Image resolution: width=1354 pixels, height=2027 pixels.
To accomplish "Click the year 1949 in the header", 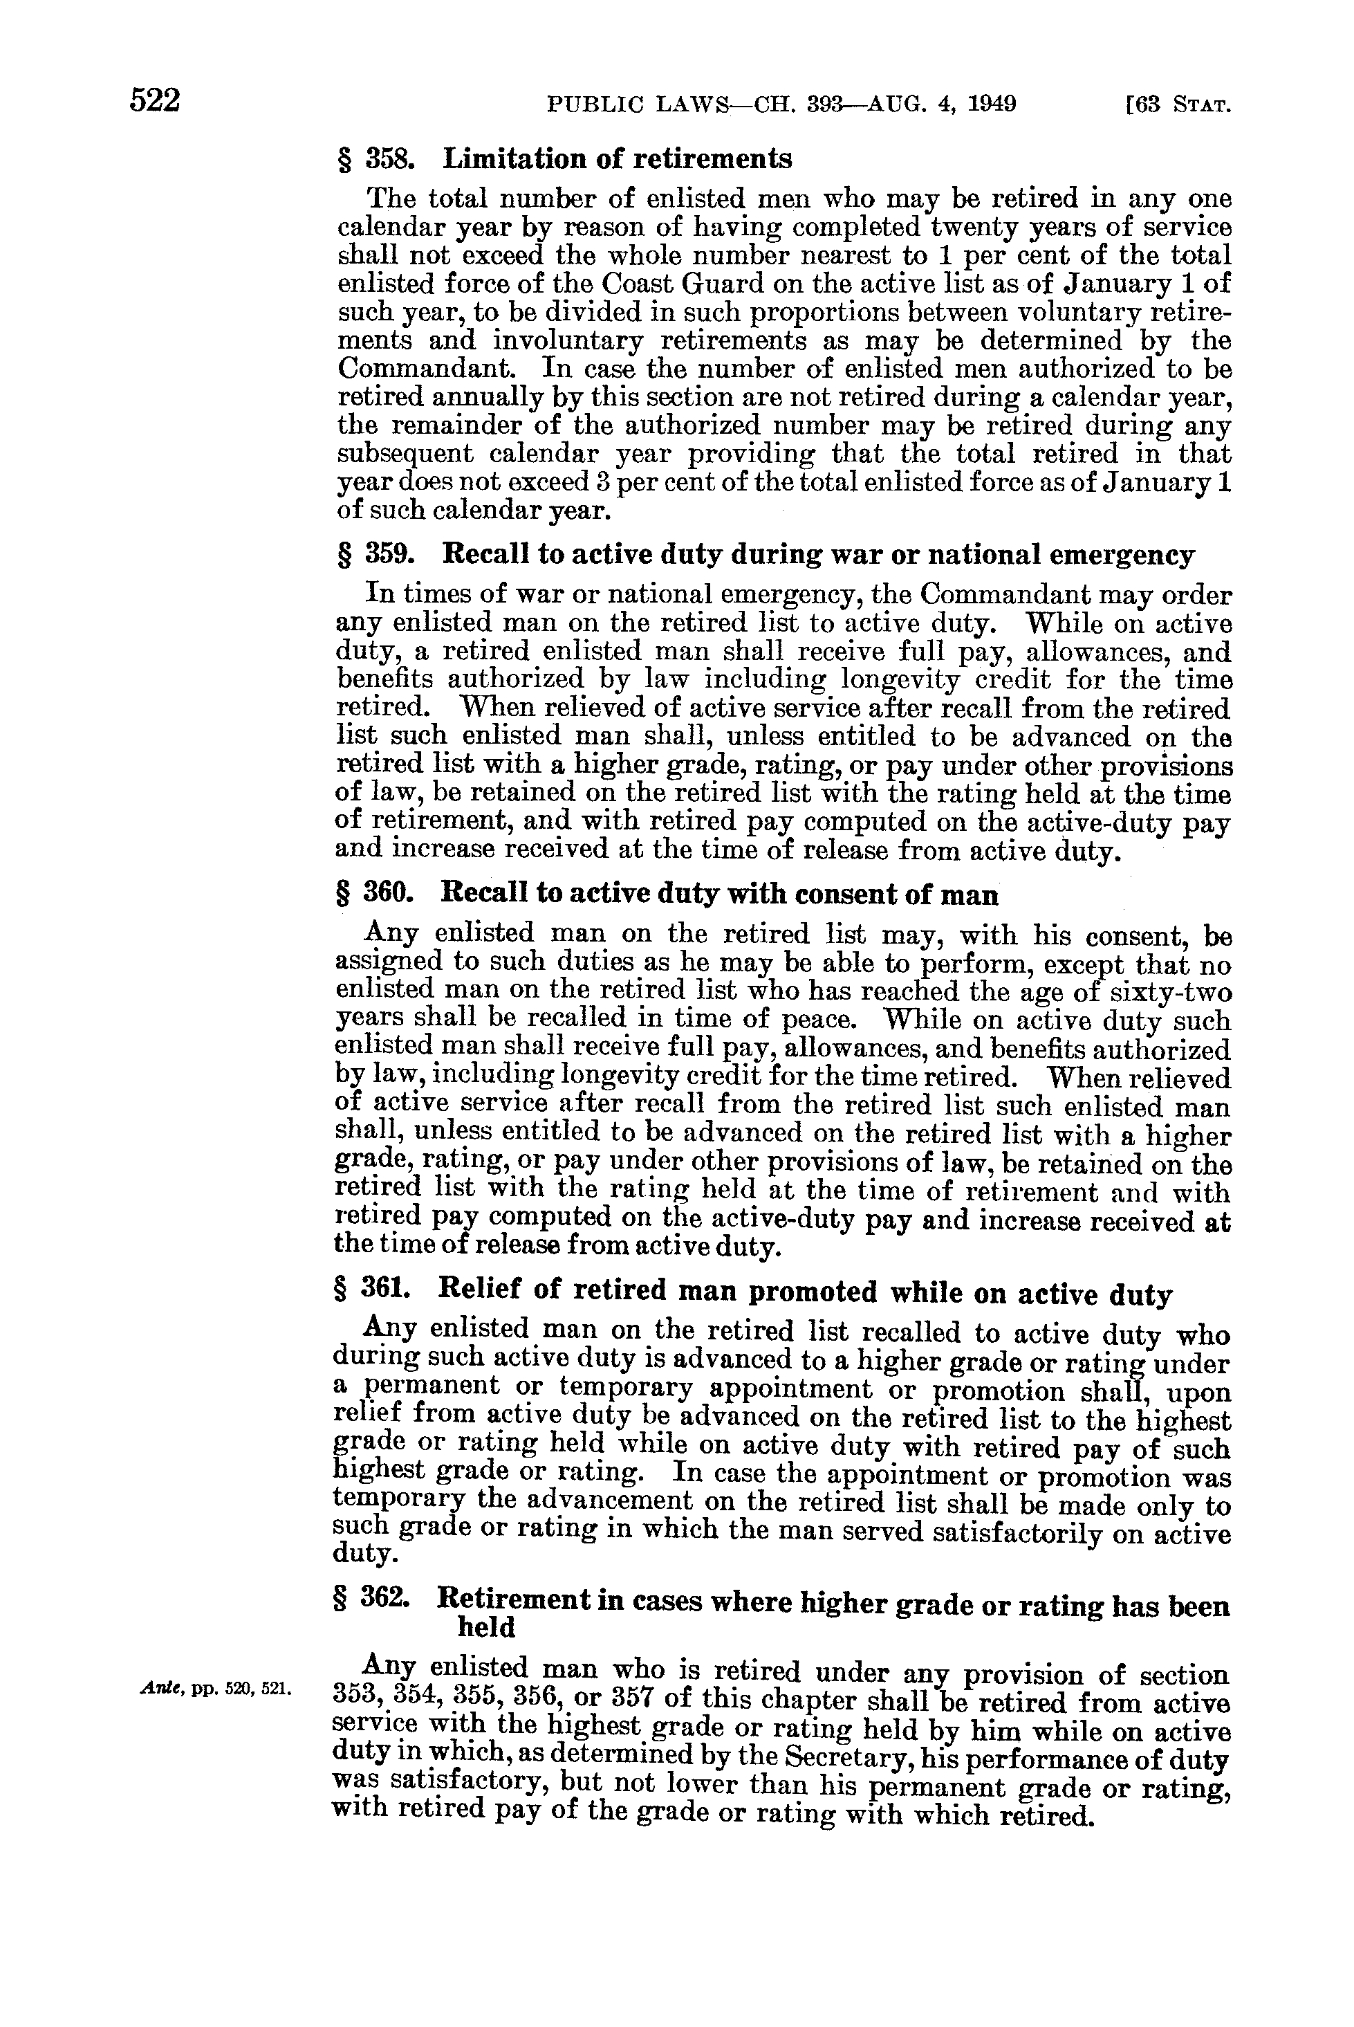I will pyautogui.click(x=992, y=104).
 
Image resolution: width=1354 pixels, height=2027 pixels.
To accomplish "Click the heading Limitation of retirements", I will pyautogui.click(x=617, y=159).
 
